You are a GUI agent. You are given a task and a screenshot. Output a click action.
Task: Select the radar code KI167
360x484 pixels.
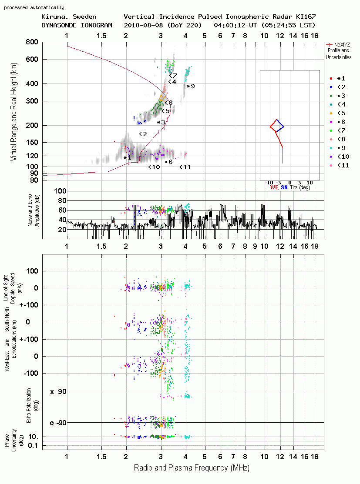306,17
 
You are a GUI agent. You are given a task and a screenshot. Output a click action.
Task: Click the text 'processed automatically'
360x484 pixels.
34,7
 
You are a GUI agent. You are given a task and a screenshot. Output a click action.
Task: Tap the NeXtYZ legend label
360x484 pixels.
342,45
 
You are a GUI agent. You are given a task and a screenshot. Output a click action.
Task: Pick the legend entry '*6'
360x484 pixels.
341,122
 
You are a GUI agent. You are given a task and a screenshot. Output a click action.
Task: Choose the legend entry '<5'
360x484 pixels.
341,113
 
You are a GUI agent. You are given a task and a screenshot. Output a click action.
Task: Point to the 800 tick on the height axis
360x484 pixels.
32,42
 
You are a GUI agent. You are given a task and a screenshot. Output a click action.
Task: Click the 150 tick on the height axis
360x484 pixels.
32,142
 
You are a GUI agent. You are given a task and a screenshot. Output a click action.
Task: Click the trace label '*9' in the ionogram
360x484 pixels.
191,86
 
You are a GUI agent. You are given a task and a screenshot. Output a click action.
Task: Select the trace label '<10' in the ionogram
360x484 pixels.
154,167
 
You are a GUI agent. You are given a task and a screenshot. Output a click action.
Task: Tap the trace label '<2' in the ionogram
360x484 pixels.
143,134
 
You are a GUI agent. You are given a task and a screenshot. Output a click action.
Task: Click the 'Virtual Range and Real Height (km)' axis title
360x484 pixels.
13,112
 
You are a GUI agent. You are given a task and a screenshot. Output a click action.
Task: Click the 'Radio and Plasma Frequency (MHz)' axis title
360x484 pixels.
192,468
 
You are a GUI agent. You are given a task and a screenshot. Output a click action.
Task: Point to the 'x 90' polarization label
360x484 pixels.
58,392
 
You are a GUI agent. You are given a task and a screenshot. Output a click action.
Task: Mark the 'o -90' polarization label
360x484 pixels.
58,423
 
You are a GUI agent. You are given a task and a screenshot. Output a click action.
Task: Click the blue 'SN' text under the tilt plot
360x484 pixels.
284,187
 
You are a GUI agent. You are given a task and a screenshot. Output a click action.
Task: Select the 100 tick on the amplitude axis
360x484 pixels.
60,191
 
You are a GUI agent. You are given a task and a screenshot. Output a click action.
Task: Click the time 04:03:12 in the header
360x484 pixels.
229,25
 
